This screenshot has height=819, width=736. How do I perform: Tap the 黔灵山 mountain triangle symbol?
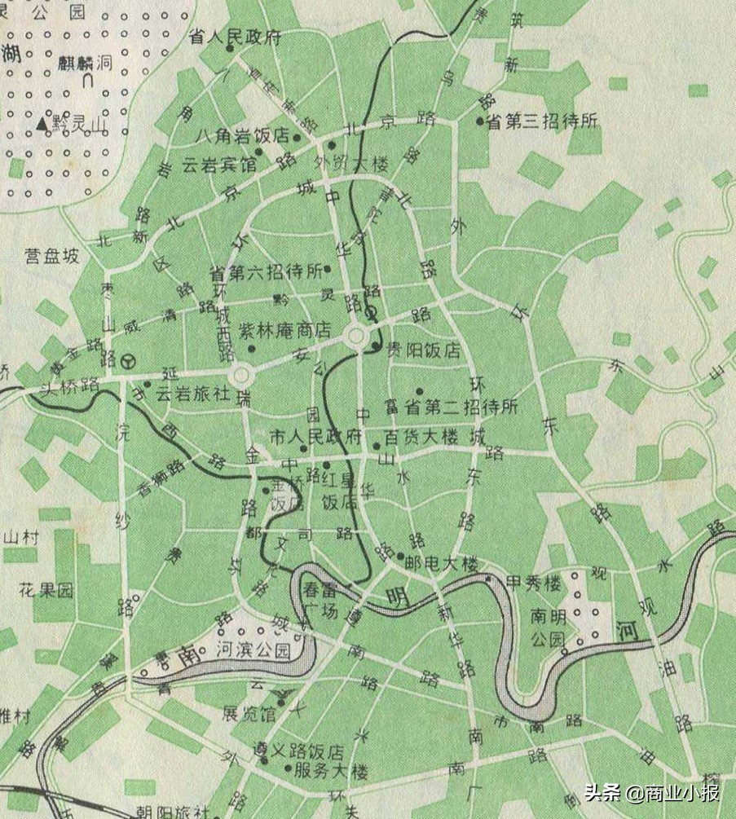42,124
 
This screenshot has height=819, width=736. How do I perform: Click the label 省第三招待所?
543,121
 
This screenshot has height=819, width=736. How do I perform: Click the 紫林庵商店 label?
284,331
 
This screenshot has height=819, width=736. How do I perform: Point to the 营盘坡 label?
51,256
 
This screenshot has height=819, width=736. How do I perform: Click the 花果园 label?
46,588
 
